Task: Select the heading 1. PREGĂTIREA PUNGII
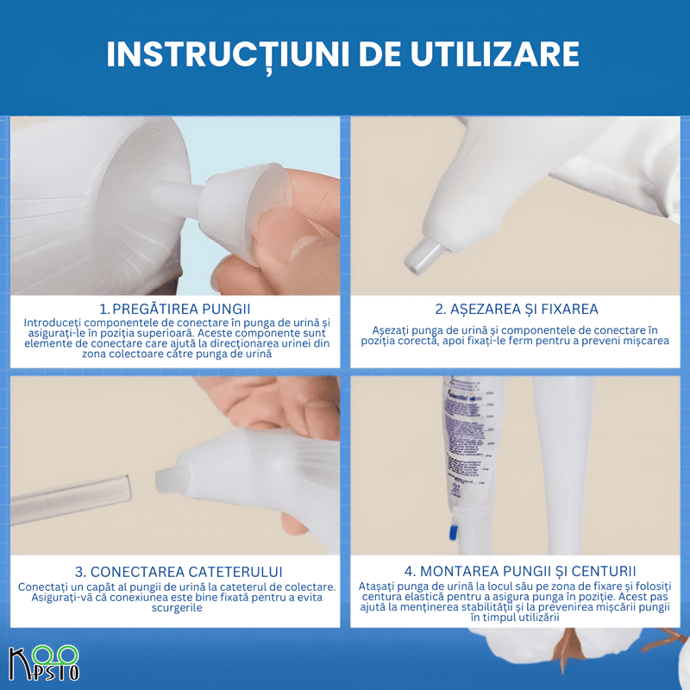175,309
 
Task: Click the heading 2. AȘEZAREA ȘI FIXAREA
516,309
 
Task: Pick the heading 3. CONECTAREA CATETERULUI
175,572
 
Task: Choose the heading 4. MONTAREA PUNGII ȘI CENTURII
516,571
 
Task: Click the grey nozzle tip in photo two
423,251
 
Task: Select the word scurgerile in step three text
175,608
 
